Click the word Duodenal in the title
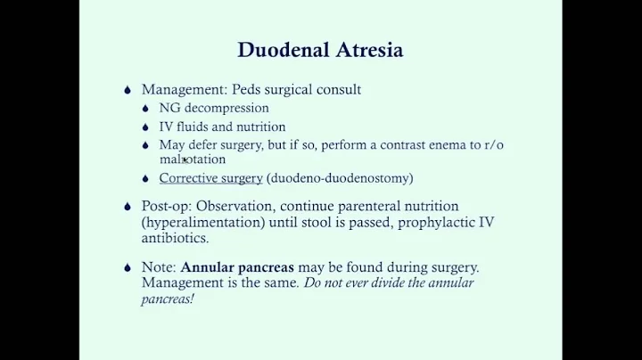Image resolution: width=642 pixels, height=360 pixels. click(278, 50)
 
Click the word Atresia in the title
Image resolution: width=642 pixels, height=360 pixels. click(366, 50)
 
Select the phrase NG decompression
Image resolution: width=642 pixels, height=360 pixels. click(213, 109)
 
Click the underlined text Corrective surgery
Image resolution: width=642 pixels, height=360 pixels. click(210, 178)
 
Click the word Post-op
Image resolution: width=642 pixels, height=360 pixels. click(166, 206)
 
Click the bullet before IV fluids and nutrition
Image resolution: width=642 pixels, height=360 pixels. click(148, 127)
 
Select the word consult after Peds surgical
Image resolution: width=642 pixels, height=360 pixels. click(337, 90)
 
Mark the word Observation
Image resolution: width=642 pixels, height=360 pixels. click(231, 206)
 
